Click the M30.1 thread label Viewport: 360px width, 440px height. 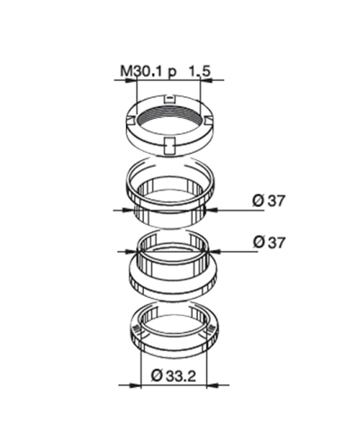coord(142,71)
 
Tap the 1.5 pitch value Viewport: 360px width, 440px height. coord(200,71)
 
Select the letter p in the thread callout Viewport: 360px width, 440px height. coord(172,73)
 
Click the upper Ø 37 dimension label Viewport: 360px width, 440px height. coord(268,201)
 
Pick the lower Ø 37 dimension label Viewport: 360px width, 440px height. coord(268,242)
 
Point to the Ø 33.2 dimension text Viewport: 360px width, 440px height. coord(173,376)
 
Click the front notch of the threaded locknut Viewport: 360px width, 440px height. coord(169,146)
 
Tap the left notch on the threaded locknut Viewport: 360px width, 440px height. coord(130,119)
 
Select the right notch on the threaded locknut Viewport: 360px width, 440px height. coord(209,119)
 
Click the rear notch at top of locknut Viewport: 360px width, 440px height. coord(170,98)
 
